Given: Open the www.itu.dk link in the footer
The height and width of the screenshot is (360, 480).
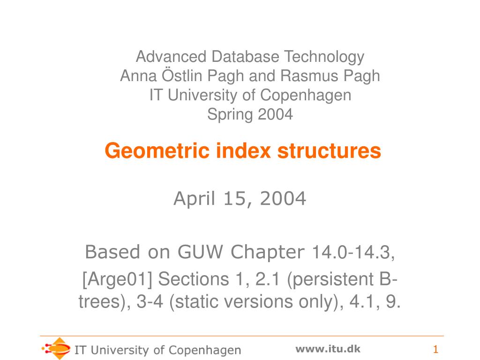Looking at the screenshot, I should (328, 348).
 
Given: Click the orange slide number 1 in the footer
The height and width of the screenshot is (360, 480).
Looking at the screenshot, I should (435, 350).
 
